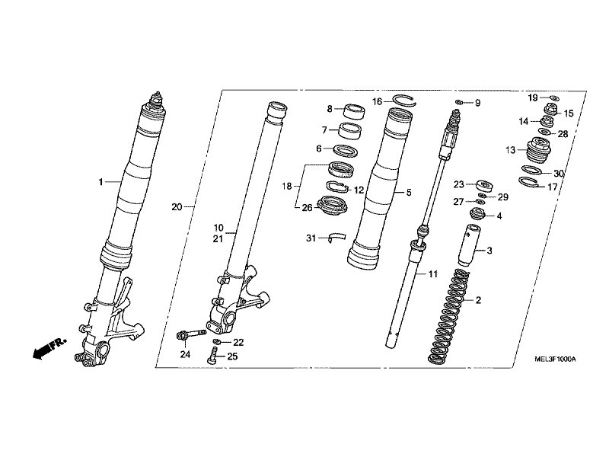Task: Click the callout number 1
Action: pyautogui.click(x=99, y=182)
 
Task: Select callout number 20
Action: pyautogui.click(x=177, y=207)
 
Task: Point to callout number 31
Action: pyautogui.click(x=310, y=238)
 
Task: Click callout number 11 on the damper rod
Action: pyautogui.click(x=433, y=273)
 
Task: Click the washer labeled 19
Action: pyautogui.click(x=553, y=98)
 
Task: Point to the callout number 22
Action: pyautogui.click(x=238, y=343)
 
